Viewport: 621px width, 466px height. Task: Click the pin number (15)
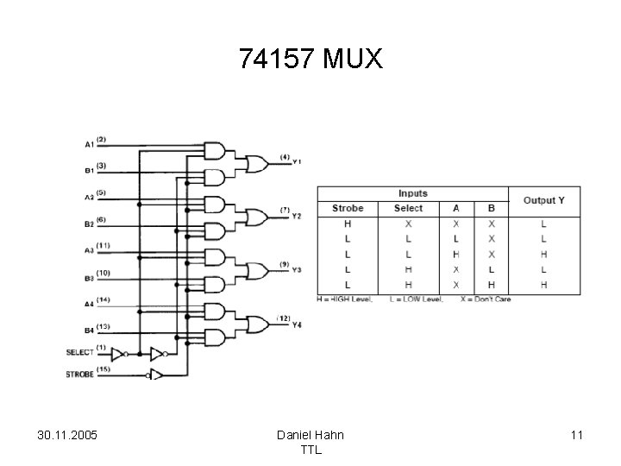click(x=103, y=368)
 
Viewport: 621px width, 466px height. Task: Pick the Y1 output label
click(x=297, y=162)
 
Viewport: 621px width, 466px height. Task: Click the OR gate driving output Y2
click(x=257, y=216)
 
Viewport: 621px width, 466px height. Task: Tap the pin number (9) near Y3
click(x=284, y=264)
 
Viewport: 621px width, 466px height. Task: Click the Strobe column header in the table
click(x=348, y=208)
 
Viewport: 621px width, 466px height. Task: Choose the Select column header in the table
click(x=408, y=208)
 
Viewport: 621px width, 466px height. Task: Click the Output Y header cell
click(x=544, y=200)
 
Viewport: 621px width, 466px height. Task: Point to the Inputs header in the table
click(x=412, y=193)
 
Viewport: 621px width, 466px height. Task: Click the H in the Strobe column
click(x=348, y=224)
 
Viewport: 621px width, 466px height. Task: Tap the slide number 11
click(x=576, y=435)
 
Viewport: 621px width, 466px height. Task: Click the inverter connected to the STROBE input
click(x=155, y=375)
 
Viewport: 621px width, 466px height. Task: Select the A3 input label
click(x=89, y=251)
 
